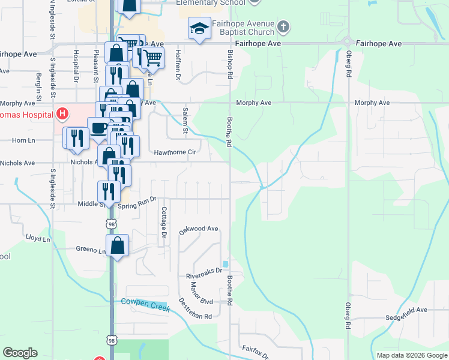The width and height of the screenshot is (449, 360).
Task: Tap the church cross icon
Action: pyautogui.click(x=284, y=27)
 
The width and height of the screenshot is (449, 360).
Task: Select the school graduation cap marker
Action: pyautogui.click(x=199, y=28)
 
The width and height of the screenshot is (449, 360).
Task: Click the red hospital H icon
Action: pyautogui.click(x=62, y=113)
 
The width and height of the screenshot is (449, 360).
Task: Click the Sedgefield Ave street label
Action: pyautogui.click(x=406, y=310)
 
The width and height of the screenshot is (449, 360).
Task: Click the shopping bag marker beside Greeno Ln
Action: pyautogui.click(x=118, y=245)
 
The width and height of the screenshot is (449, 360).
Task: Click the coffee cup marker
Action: pyautogui.click(x=98, y=127)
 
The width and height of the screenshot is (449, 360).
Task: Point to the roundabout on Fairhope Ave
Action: pyautogui.click(x=347, y=41)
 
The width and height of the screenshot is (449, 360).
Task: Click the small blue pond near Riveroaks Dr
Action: pyautogui.click(x=225, y=264)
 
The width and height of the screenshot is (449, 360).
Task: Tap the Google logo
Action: pyautogui.click(x=20, y=353)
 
